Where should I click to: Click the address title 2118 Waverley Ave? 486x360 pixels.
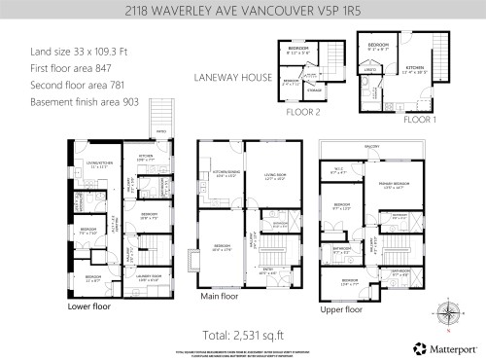[x=242, y=12]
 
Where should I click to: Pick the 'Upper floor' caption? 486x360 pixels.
[x=340, y=308]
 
